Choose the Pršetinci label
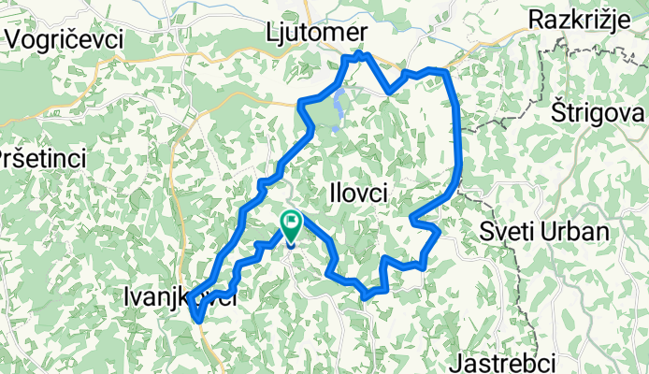coord(43,157)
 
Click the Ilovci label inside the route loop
coord(359,192)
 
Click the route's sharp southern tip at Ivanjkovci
coord(199,320)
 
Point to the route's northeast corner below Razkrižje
coord(446,71)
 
